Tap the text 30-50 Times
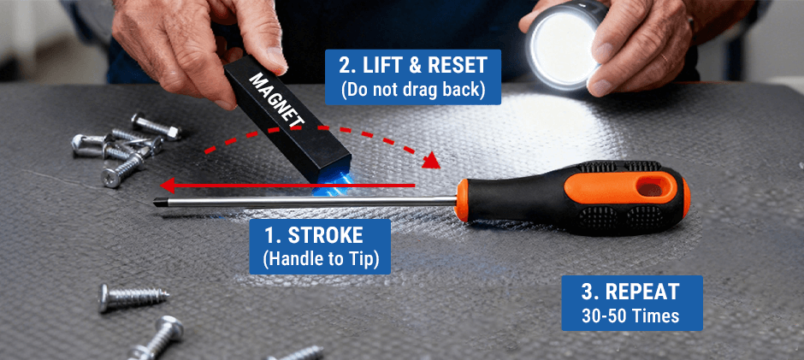click(x=632, y=316)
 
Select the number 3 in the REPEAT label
click(x=588, y=292)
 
